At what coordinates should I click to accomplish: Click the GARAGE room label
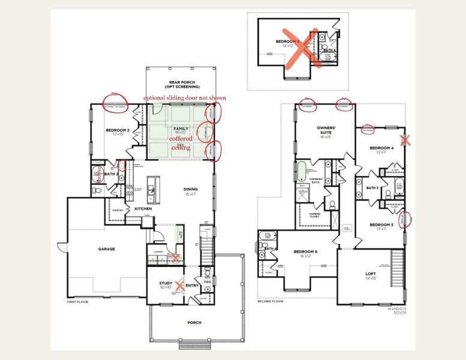[107, 248]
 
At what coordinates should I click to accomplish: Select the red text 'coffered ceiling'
[180, 143]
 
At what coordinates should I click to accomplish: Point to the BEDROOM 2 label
[114, 132]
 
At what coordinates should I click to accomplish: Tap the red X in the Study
[178, 286]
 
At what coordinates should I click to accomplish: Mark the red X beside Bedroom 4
[405, 140]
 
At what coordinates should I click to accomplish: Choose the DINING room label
[191, 191]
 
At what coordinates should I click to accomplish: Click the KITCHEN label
[143, 208]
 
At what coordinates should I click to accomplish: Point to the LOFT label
[371, 275]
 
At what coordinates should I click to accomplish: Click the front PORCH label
[194, 322]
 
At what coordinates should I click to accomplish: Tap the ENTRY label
[193, 286]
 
